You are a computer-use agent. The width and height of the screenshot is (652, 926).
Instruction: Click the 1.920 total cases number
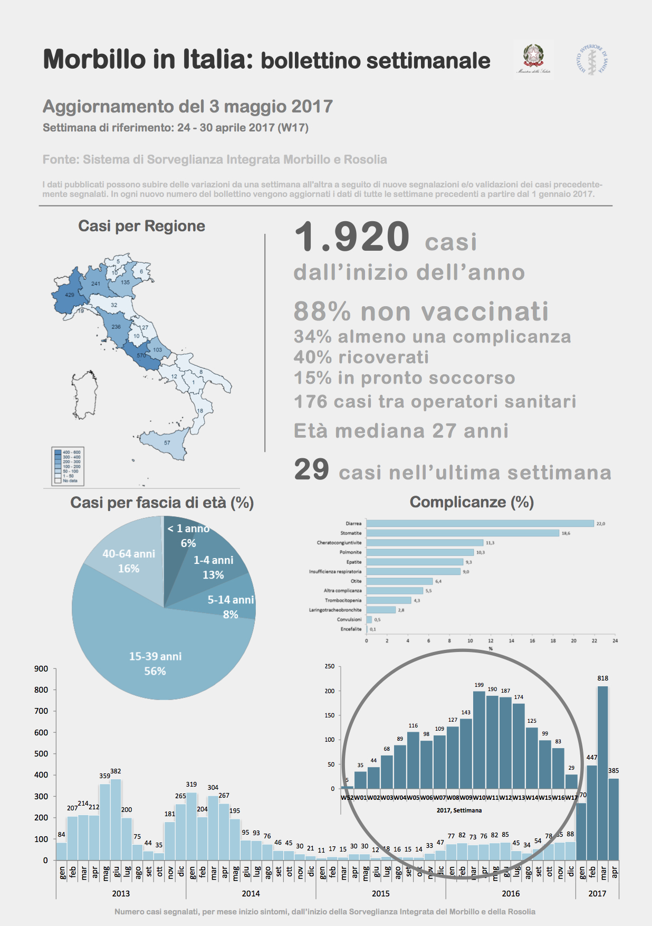[x=352, y=237]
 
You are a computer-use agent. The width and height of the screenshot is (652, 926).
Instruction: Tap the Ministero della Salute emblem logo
[x=533, y=59]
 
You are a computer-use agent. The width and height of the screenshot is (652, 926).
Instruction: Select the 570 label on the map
[x=141, y=356]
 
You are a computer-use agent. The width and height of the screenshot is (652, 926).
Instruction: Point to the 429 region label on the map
[x=70, y=295]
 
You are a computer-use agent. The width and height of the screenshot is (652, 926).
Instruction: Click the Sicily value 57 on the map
[x=167, y=443]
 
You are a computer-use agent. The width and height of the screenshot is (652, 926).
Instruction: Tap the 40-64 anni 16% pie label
[x=129, y=561]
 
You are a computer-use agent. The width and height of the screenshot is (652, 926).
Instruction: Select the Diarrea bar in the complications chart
[x=480, y=524]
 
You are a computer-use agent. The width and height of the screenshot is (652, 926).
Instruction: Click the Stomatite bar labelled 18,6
[x=463, y=533]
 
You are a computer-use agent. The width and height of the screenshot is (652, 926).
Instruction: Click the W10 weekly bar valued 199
[x=479, y=739]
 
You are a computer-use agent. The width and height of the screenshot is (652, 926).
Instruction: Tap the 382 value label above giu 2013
[x=116, y=771]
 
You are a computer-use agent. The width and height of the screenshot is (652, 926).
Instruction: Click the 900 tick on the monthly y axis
[x=41, y=669]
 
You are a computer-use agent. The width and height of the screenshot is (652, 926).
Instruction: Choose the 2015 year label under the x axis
[x=380, y=893]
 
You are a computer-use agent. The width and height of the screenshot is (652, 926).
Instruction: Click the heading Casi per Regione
[x=141, y=226]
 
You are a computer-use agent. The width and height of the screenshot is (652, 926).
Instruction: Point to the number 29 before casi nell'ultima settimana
[x=311, y=469]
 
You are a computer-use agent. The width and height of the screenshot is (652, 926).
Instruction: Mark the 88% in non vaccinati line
[x=322, y=311]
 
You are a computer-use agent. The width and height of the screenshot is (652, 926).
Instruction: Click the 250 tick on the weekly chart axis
[x=329, y=667]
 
